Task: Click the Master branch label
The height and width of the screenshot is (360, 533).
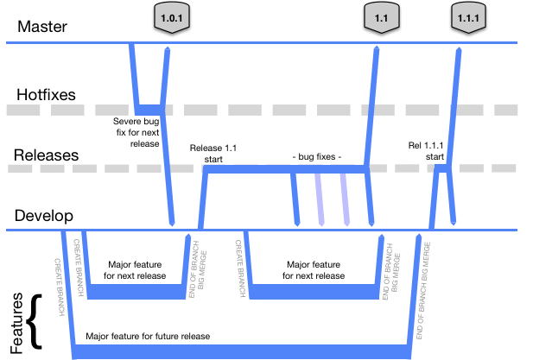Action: [x=42, y=27]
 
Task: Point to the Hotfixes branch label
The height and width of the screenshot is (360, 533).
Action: [x=44, y=92]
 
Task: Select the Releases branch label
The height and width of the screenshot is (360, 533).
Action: [x=46, y=155]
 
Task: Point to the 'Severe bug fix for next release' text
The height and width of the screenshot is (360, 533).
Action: [x=136, y=131]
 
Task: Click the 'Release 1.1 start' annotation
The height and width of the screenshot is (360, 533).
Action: [x=213, y=153]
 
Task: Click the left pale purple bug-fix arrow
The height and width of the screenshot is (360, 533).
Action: [x=319, y=199]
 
